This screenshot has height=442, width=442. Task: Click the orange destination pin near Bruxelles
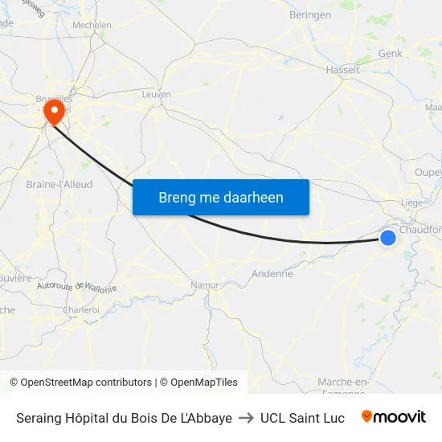tap(55, 112)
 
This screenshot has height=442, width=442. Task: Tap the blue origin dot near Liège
tap(387, 237)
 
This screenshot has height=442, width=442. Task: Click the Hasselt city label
tap(342, 70)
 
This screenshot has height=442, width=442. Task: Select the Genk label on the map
tap(390, 53)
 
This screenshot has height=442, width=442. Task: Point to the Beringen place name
tap(309, 14)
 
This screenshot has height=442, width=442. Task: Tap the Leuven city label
tap(156, 94)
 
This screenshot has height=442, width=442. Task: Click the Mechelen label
tap(92, 25)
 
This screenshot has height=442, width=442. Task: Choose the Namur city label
tap(205, 285)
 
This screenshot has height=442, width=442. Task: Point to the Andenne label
tap(272, 273)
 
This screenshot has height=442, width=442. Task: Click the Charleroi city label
tap(80, 309)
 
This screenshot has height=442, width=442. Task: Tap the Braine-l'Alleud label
tap(59, 184)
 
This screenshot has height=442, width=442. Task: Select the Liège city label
tap(411, 203)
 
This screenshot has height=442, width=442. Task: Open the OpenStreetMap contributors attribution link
tap(86, 383)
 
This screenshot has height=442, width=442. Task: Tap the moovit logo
tap(393, 417)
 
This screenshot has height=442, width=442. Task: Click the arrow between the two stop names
tap(246, 418)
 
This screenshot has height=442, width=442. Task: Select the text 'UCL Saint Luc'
tap(302, 418)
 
